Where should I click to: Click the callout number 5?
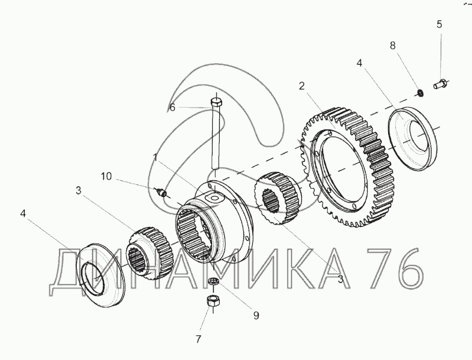(x=439, y=24)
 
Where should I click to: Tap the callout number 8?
(x=392, y=46)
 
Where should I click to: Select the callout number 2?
(x=302, y=86)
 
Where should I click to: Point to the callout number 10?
(x=106, y=176)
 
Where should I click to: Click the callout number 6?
(x=172, y=107)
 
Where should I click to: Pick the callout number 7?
(x=198, y=339)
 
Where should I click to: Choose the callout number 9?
(x=256, y=316)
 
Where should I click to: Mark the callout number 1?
(x=155, y=158)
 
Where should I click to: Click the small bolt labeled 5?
(x=441, y=83)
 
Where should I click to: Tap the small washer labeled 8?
(x=421, y=92)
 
